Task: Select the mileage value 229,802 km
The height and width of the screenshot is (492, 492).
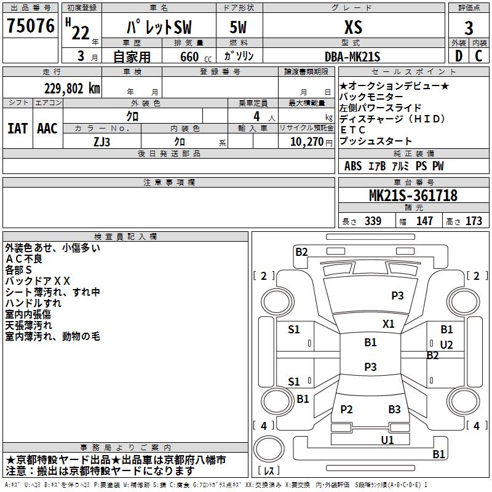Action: click(x=72, y=88)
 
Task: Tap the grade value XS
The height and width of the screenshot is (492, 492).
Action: click(x=353, y=26)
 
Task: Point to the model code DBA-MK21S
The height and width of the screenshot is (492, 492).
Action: click(x=352, y=57)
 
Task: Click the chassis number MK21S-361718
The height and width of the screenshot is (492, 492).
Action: click(x=413, y=196)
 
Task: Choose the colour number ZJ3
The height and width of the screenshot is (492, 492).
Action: click(x=102, y=141)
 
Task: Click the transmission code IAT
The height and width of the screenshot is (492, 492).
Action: click(x=18, y=128)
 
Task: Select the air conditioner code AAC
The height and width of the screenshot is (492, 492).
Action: click(x=47, y=128)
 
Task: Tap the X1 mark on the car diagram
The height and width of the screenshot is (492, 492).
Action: click(x=389, y=323)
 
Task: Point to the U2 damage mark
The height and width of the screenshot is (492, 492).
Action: click(x=446, y=344)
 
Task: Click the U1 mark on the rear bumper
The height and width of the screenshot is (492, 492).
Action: click(x=387, y=440)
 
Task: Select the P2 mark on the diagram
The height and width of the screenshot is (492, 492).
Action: click(x=347, y=410)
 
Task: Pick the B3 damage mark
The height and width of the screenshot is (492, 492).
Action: click(x=394, y=410)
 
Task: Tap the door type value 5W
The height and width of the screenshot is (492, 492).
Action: click(x=238, y=27)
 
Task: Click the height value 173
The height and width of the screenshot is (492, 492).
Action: click(x=474, y=221)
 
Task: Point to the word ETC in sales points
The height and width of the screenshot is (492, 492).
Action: click(x=353, y=130)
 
